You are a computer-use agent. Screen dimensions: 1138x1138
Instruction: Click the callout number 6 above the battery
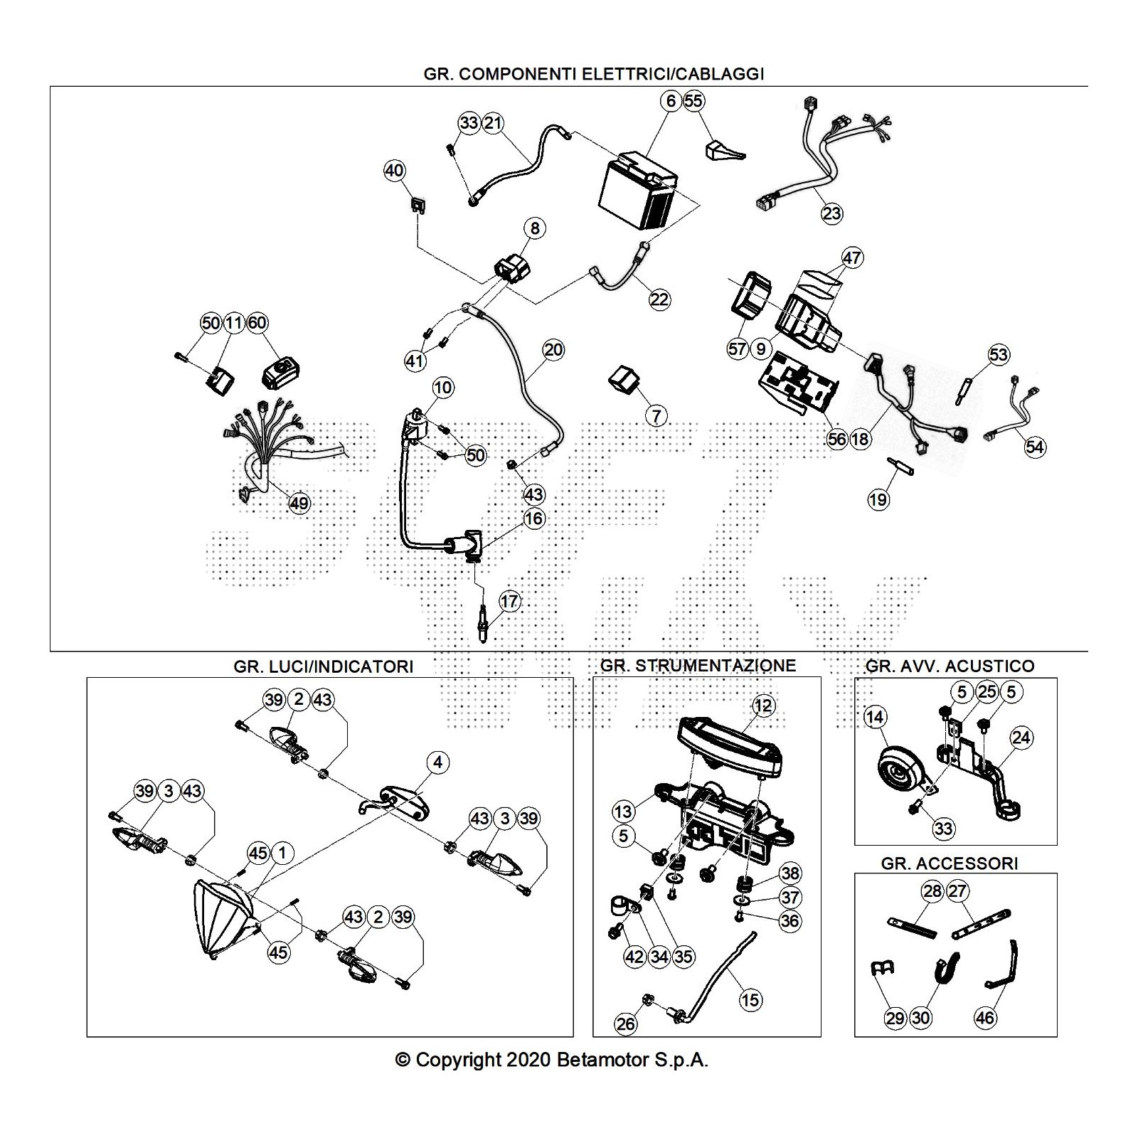(x=671, y=101)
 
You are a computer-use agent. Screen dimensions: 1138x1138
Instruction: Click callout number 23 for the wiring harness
(x=831, y=213)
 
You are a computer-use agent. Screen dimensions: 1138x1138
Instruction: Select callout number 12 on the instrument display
(x=762, y=706)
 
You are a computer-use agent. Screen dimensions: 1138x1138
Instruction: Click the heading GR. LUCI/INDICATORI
(x=323, y=666)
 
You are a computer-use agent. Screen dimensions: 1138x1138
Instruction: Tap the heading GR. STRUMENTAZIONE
(x=698, y=666)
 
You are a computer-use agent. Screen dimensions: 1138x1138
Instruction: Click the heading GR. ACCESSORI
(x=950, y=863)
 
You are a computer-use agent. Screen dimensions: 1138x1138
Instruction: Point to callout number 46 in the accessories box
(x=984, y=1018)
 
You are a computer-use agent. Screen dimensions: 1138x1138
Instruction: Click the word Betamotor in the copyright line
(x=602, y=1060)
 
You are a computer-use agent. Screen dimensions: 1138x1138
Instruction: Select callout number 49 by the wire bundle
(x=299, y=504)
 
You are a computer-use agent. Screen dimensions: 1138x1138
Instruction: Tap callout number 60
(x=257, y=323)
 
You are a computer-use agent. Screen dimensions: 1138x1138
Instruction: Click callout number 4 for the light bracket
(x=437, y=762)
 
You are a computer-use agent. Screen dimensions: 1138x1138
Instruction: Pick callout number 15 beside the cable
(x=750, y=1000)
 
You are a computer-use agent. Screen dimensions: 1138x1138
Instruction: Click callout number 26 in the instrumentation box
(x=626, y=1024)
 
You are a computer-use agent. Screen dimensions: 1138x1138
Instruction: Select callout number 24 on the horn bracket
(x=1021, y=738)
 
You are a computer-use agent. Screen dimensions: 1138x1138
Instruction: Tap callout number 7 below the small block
(x=656, y=415)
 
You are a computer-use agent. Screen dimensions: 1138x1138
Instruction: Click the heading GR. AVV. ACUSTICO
(x=950, y=666)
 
